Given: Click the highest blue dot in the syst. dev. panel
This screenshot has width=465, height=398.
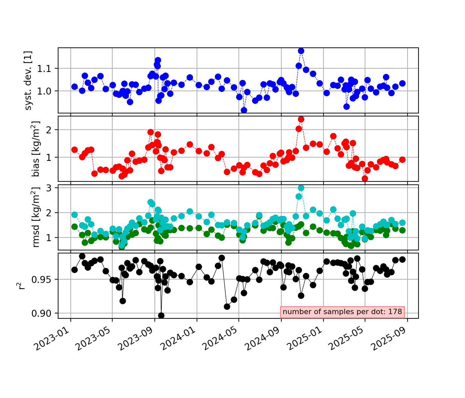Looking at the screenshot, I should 301,51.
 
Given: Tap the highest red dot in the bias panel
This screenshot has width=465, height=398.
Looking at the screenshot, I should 301,119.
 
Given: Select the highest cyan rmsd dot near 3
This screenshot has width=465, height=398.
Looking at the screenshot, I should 301,188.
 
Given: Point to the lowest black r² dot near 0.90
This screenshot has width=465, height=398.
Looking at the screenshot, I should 161,315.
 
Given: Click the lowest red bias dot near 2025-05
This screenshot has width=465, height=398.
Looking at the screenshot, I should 365,178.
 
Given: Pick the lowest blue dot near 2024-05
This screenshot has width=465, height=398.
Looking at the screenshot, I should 244,110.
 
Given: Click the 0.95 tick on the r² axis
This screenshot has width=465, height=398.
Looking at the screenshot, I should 43,280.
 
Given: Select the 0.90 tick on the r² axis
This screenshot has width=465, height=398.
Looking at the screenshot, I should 43,313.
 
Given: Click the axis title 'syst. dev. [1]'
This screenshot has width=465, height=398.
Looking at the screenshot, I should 29,80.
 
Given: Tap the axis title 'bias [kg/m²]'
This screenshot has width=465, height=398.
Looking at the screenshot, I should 36,149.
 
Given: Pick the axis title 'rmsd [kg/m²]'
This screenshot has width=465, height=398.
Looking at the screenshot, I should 36,217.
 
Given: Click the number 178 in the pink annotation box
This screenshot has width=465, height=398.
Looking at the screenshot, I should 396,312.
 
